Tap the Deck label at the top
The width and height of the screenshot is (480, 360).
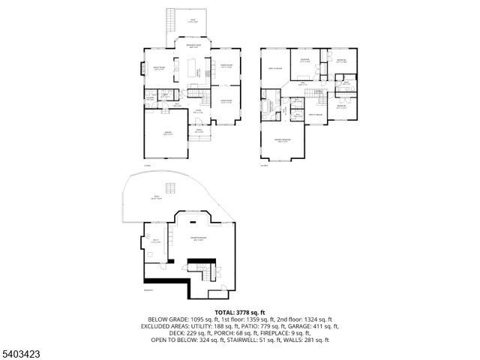pyautogui.click(x=194, y=21)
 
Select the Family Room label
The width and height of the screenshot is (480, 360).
pyautogui.click(x=159, y=69)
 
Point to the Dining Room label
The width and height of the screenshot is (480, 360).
pyautogui.click(x=225, y=65)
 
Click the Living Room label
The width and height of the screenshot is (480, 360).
pyautogui.click(x=225, y=101)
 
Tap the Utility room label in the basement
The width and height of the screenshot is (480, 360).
pyautogui.click(x=155, y=241)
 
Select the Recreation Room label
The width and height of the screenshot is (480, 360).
pyautogui.click(x=198, y=239)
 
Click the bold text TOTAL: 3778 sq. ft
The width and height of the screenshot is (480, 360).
pyautogui.click(x=240, y=311)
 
